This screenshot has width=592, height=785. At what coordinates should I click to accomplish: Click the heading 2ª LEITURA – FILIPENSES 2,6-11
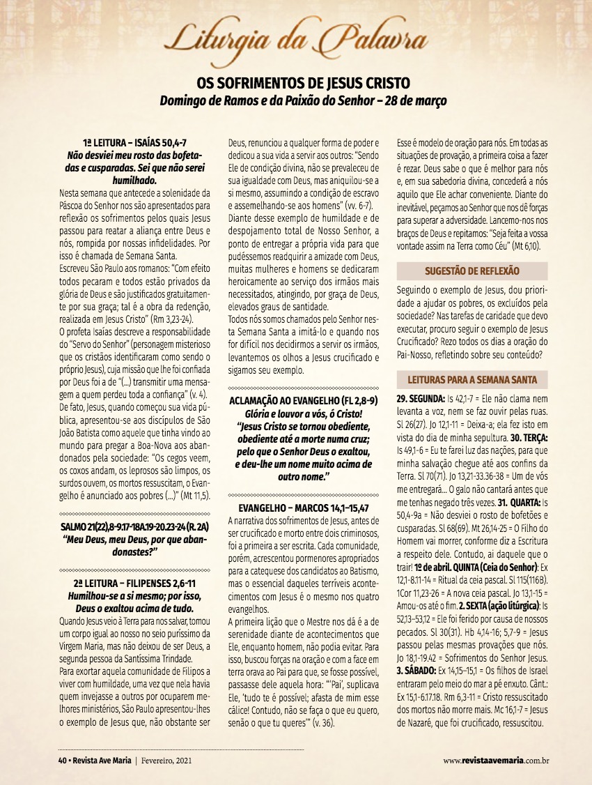click(134, 583)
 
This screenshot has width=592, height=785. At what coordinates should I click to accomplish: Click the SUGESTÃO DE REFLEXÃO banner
click(472, 270)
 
